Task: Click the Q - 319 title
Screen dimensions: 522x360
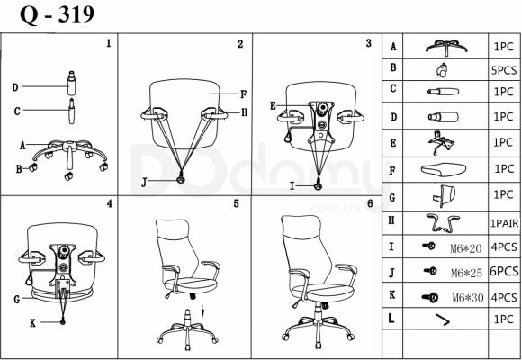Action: point(57,15)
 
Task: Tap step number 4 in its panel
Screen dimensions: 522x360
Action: point(110,203)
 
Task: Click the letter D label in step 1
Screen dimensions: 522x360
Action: point(15,87)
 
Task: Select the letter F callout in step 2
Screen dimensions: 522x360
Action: point(243,94)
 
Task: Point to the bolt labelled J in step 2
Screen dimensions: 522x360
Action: point(181,179)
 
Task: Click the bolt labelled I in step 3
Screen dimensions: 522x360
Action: point(319,185)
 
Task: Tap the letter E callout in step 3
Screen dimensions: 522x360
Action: point(273,106)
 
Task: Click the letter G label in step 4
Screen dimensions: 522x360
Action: point(16,300)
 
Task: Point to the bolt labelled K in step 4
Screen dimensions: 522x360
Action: point(63,321)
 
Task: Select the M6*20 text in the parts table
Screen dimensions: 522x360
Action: point(465,248)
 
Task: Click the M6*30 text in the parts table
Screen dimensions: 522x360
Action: point(467,297)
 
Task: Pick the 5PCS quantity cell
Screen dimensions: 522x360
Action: point(504,70)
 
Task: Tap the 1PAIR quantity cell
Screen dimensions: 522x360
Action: point(504,223)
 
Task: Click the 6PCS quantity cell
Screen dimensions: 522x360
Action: point(504,272)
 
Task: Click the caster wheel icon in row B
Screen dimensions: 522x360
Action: point(442,70)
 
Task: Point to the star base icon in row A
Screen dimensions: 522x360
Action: point(446,48)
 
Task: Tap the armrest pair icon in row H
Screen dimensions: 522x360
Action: point(443,223)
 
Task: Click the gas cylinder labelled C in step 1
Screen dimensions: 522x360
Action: point(72,112)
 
